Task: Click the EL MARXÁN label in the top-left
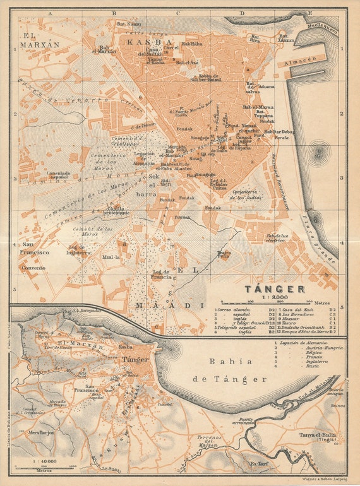(x=39, y=41)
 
